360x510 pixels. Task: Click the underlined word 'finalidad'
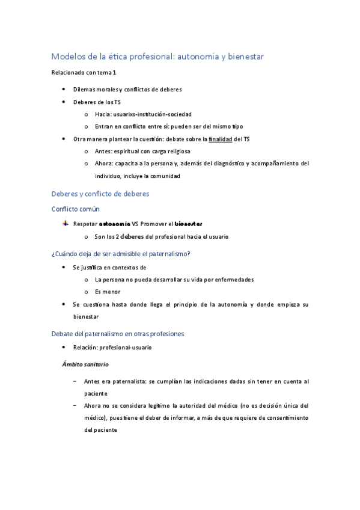click(220, 139)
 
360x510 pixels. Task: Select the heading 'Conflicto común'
click(76, 209)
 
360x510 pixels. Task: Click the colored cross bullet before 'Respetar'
click(65, 224)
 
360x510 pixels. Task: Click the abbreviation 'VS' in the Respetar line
click(135, 224)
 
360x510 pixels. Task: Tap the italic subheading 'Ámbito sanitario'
click(85, 364)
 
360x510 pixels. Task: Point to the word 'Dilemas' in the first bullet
click(84, 90)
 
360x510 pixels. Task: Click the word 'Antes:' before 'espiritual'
click(104, 152)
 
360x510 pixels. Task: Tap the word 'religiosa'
click(182, 152)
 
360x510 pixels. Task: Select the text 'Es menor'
click(108, 292)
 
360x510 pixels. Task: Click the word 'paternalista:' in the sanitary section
click(133, 381)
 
